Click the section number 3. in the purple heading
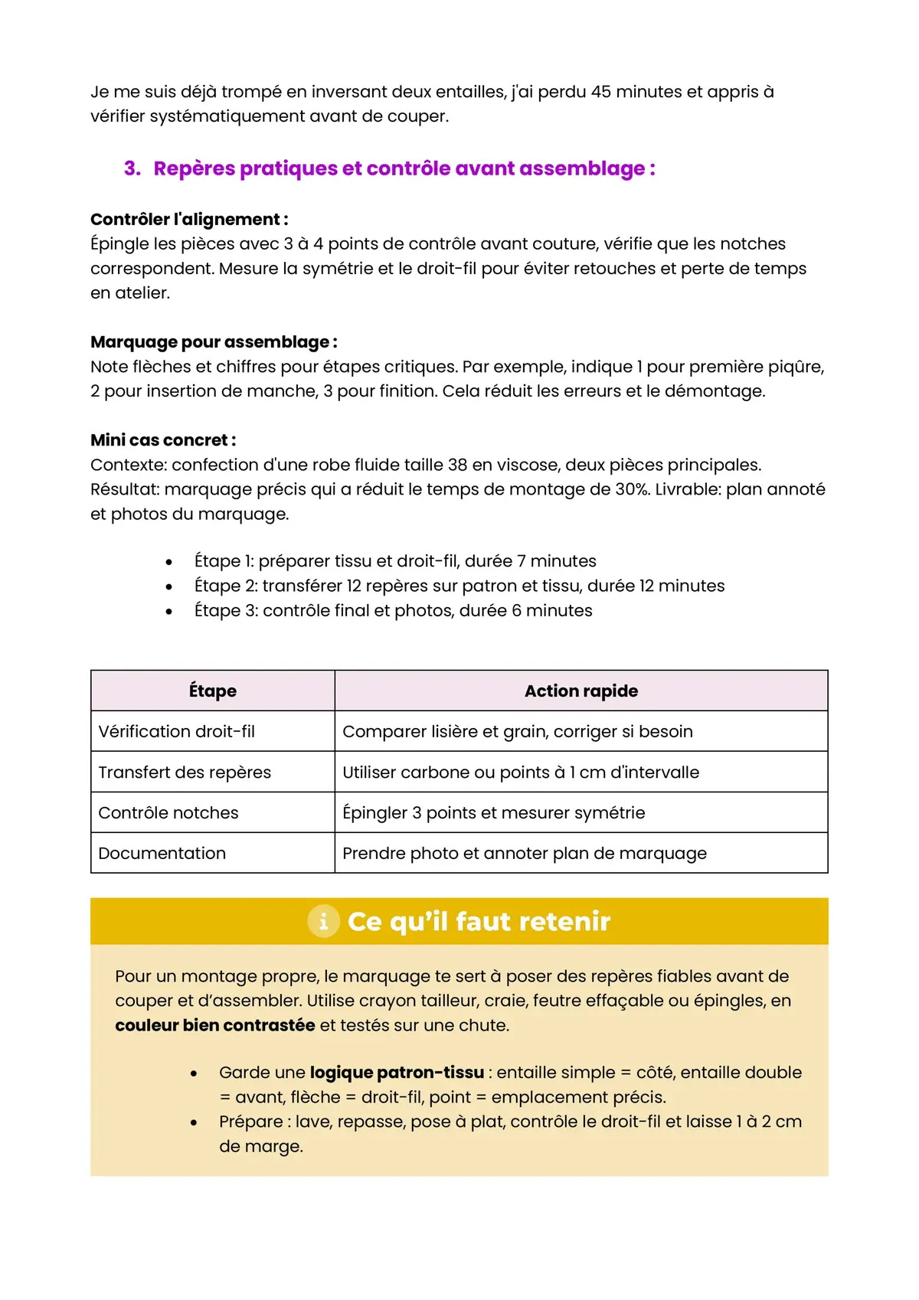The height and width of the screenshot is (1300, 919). click(x=132, y=168)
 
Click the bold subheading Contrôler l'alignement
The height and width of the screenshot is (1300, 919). click(x=189, y=220)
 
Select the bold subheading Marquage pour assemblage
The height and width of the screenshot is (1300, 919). click(x=214, y=342)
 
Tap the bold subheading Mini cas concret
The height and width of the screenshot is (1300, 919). click(x=163, y=440)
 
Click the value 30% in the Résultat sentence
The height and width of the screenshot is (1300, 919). click(x=633, y=489)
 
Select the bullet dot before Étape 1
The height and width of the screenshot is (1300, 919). click(x=168, y=562)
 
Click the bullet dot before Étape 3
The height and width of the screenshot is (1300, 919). click(x=168, y=611)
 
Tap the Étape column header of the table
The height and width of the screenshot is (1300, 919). click(x=213, y=691)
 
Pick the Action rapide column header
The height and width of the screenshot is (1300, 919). click(x=581, y=691)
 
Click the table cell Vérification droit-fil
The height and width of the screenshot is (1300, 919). click(x=177, y=732)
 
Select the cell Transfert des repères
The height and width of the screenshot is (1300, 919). click(x=185, y=772)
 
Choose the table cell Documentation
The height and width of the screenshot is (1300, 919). click(x=162, y=854)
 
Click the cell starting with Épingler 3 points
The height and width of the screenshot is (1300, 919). click(x=493, y=813)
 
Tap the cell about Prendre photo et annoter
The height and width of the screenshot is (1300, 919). click(x=524, y=854)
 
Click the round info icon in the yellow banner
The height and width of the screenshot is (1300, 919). click(x=323, y=921)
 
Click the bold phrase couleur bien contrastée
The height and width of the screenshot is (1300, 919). click(x=214, y=1026)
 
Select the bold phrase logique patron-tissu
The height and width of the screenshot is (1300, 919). click(x=397, y=1073)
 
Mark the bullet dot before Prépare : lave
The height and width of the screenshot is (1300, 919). click(x=194, y=1123)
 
